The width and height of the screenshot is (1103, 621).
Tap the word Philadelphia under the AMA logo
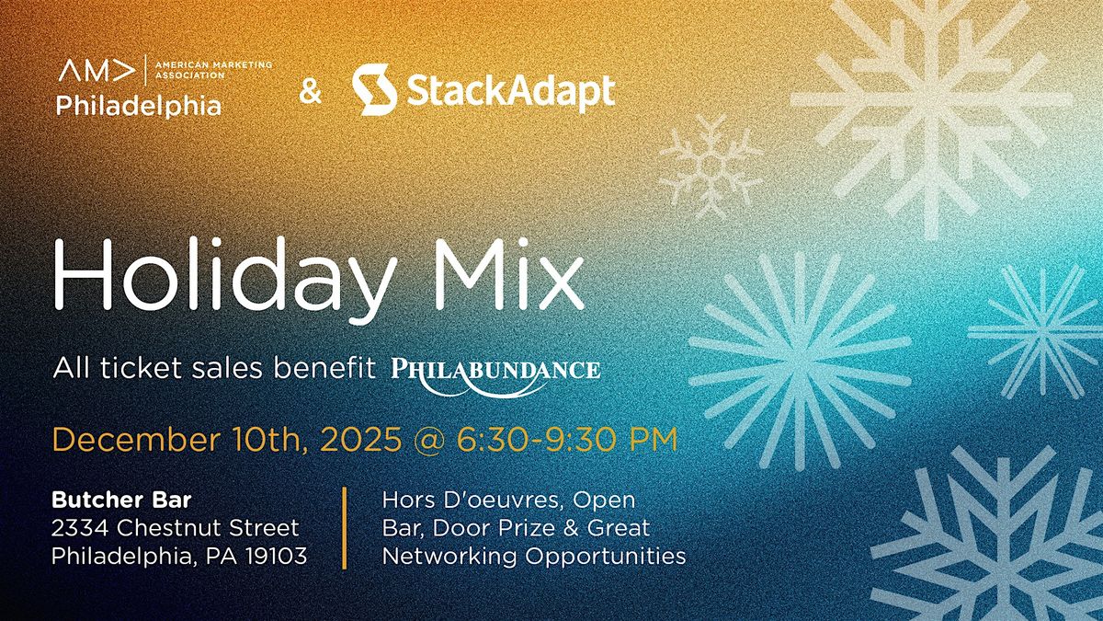point(139,107)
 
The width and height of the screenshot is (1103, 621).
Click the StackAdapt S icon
point(374,90)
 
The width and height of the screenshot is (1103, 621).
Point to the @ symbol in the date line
point(426,439)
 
